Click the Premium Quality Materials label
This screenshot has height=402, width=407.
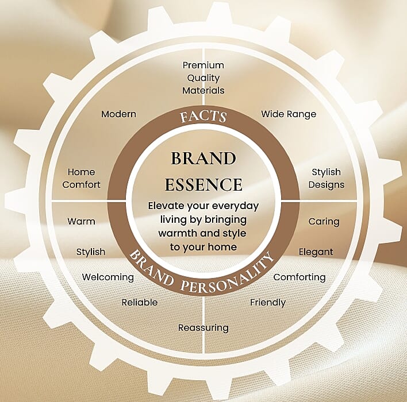[203, 78]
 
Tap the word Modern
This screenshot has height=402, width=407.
[118, 114]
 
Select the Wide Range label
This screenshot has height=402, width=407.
[289, 114]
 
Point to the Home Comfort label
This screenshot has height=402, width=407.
[81, 178]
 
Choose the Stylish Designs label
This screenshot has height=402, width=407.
[326, 178]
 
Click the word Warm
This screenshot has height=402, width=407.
[81, 221]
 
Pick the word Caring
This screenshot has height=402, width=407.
[324, 221]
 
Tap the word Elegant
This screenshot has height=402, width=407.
[316, 252]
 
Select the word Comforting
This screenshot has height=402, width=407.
[299, 277]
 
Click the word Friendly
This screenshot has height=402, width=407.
[267, 302]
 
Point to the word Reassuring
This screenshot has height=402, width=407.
[203, 328]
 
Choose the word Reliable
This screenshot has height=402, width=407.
[139, 302]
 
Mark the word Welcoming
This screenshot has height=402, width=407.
[107, 277]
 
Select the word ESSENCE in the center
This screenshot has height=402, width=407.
[203, 184]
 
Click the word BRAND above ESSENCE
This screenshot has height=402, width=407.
[203, 158]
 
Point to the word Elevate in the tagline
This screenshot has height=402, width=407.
[167, 206]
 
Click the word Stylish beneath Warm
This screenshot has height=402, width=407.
[90, 252]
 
